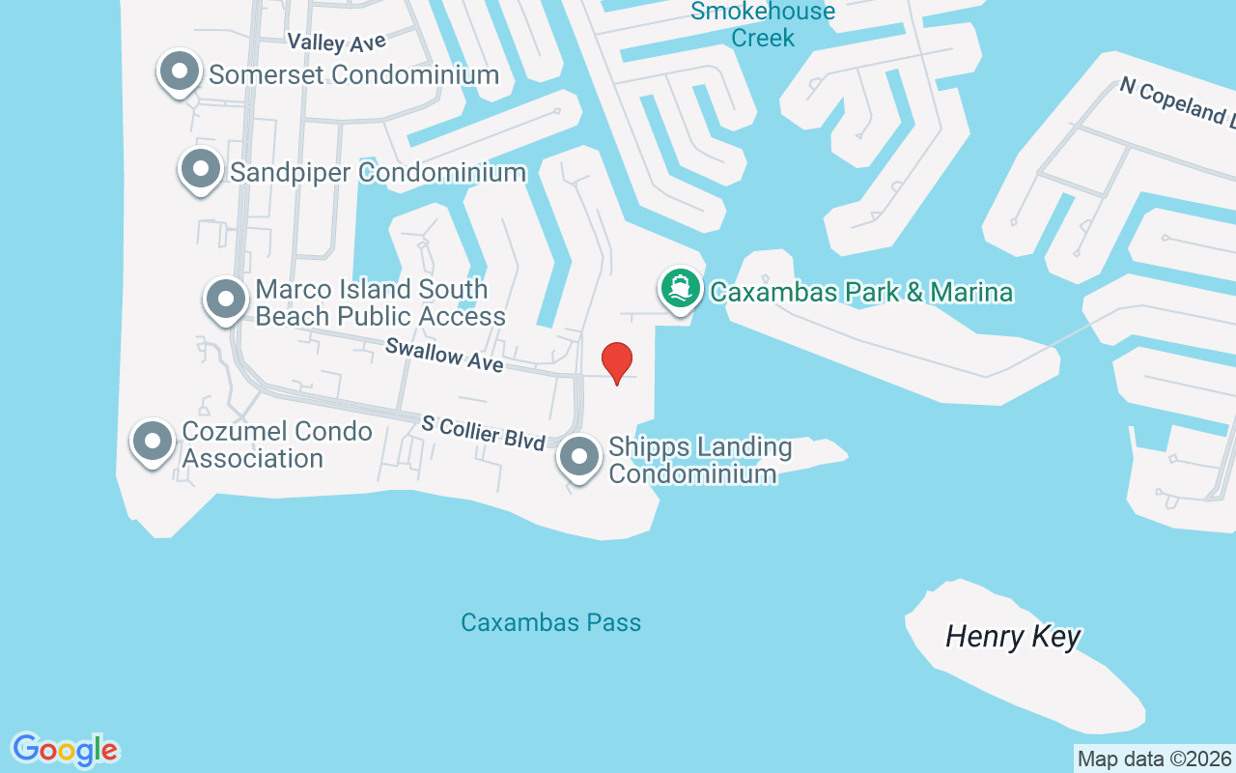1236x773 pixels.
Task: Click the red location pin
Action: [617, 361]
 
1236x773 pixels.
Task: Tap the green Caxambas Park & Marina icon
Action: [681, 289]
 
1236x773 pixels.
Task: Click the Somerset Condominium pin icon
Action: [179, 72]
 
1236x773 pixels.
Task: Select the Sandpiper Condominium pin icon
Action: [200, 169]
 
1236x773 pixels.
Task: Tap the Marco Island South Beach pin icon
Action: [226, 300]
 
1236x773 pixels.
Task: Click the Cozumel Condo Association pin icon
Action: [152, 442]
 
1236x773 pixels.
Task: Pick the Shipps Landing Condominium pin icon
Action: [579, 458]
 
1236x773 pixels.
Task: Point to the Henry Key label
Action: [1013, 637]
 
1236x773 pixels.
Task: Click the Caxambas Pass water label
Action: [550, 622]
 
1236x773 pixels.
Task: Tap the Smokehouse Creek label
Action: [763, 24]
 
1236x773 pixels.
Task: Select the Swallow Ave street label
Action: [444, 355]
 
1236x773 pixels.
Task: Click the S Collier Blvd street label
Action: [484, 431]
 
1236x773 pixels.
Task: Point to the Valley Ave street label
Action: [337, 43]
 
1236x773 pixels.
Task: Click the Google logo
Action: [65, 750]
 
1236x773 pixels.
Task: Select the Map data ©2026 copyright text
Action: [1154, 759]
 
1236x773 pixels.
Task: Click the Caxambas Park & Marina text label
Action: [861, 292]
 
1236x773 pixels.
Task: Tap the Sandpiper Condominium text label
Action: [378, 173]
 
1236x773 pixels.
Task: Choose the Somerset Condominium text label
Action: [353, 74]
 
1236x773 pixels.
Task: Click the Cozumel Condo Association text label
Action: [277, 444]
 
